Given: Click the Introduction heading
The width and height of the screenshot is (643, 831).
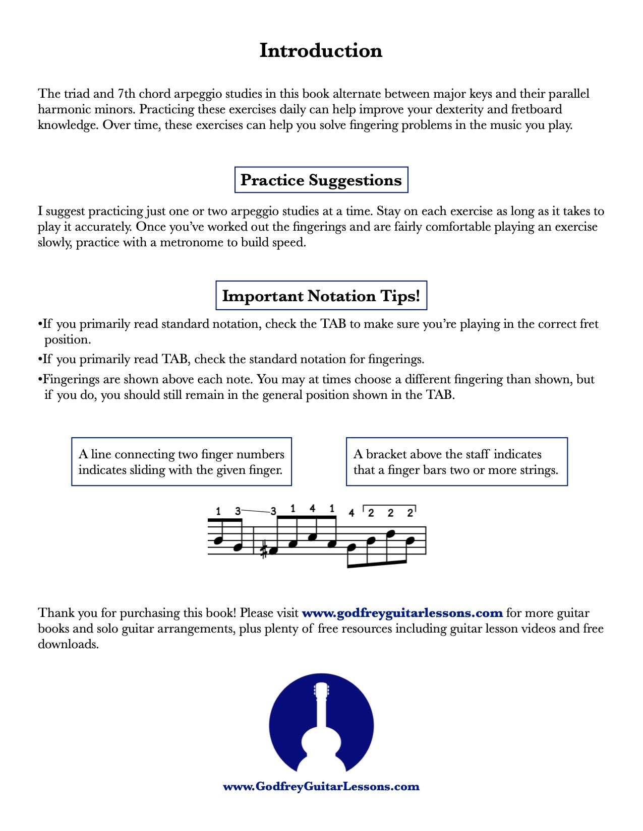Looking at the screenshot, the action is (321, 51).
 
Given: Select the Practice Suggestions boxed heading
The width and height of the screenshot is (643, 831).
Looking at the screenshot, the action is (321, 180).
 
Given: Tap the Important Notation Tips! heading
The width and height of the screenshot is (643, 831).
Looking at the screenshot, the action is (321, 296).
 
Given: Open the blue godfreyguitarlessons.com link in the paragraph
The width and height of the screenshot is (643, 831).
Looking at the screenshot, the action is (402, 613).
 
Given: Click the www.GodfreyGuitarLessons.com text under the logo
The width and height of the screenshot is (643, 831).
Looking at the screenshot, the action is (321, 787).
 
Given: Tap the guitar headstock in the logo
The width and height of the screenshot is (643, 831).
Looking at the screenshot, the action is (321, 690).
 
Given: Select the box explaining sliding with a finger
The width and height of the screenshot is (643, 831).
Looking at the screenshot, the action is (182, 462).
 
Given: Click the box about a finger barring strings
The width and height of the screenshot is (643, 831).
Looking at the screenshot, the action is (456, 462).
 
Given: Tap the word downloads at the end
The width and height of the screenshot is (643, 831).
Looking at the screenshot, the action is (68, 644).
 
